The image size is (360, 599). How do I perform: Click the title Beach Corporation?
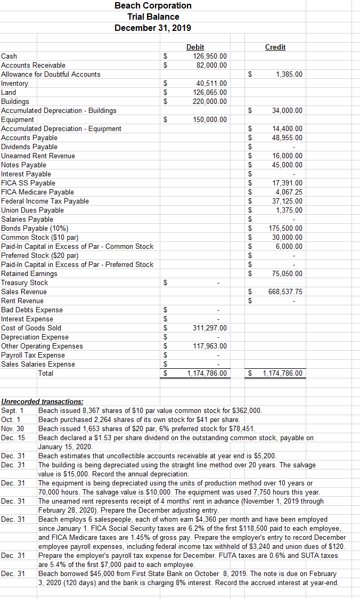tap(153, 5)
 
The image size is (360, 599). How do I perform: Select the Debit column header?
tap(195, 47)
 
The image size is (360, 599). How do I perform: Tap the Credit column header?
tap(275, 47)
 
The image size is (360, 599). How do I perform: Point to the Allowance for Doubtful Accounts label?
tap(51, 74)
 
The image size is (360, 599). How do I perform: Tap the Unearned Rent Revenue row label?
tap(38, 156)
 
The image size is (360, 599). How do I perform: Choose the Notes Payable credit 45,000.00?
tap(287, 165)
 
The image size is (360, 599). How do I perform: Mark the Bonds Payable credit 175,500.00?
tap(285, 228)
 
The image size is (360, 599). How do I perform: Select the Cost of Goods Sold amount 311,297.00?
tap(209, 328)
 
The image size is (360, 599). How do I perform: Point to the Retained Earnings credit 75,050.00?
tap(287, 273)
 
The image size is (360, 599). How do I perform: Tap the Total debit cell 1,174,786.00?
tap(207, 373)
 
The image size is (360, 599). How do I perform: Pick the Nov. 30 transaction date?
tap(13, 428)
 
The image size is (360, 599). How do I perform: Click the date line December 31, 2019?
tap(153, 28)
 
